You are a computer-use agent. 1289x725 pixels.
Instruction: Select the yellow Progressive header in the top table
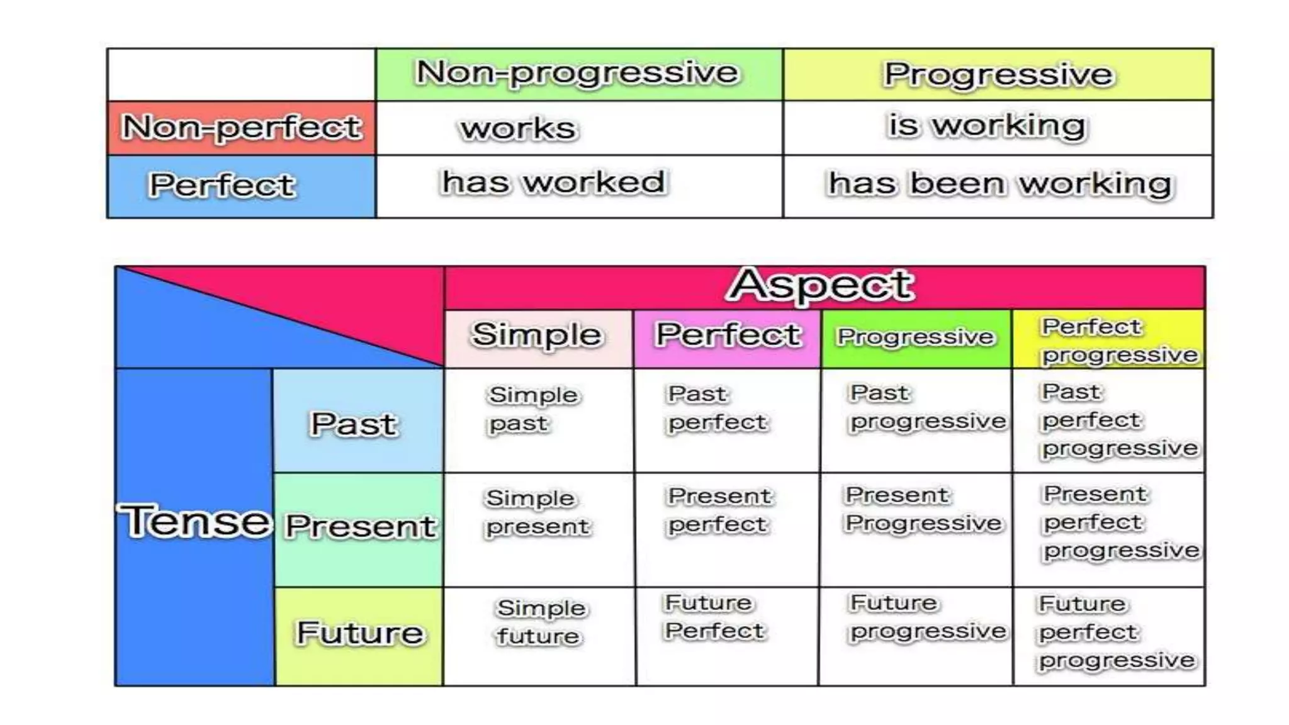coord(998,74)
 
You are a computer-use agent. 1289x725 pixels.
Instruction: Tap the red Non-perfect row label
coord(242,128)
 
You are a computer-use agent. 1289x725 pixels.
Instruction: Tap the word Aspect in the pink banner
coord(820,286)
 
